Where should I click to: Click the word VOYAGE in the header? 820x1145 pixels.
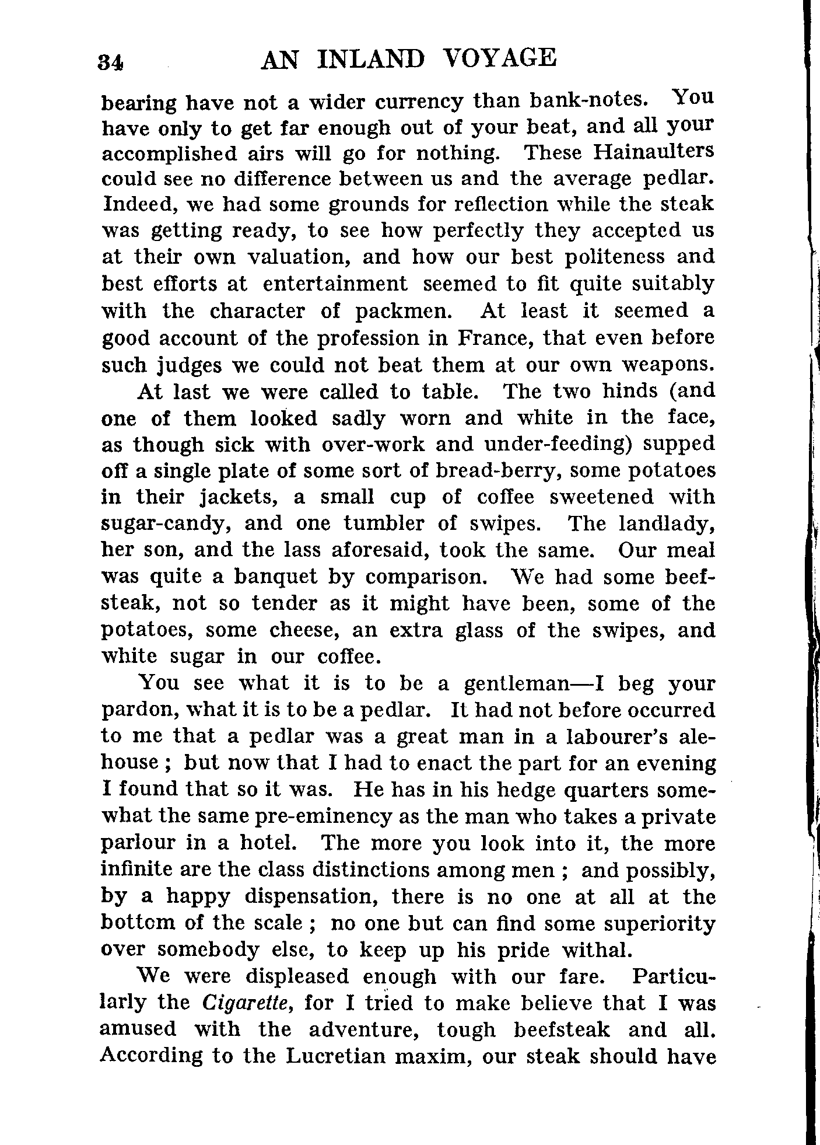[x=499, y=59]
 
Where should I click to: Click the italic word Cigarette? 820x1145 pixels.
[x=245, y=1003]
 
